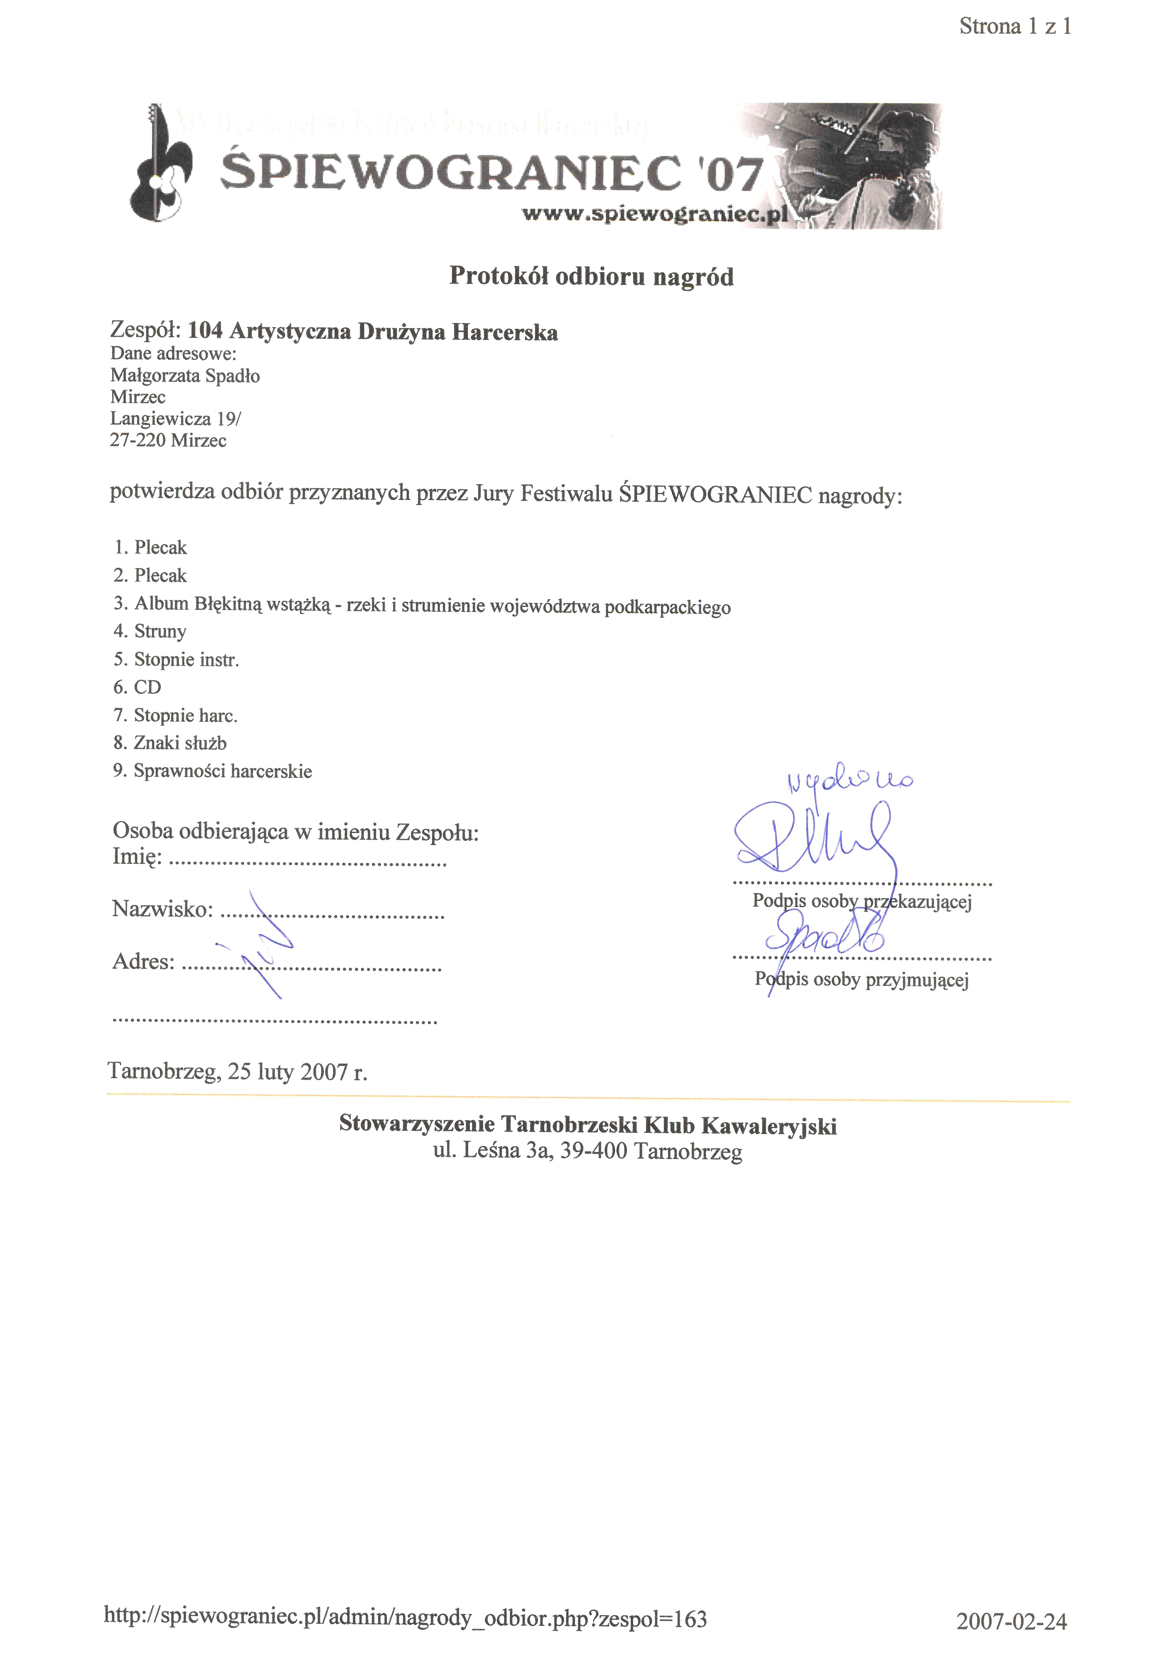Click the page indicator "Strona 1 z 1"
click(1015, 27)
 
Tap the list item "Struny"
click(160, 631)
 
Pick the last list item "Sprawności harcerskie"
click(222, 771)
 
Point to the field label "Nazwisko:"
click(162, 909)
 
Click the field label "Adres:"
click(143, 961)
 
